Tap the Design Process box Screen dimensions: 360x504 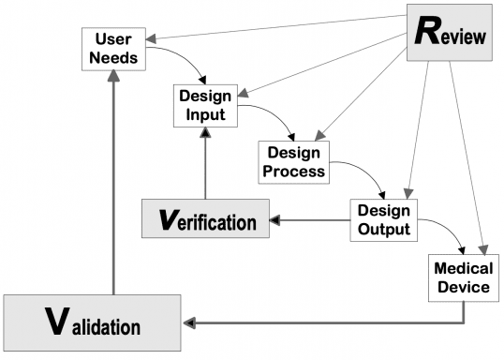295,161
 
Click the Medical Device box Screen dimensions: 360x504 462,277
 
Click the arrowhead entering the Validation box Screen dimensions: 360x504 190,323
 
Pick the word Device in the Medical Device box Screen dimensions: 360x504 462,286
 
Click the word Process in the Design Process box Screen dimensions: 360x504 295,171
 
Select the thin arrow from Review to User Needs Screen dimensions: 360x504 272,28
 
